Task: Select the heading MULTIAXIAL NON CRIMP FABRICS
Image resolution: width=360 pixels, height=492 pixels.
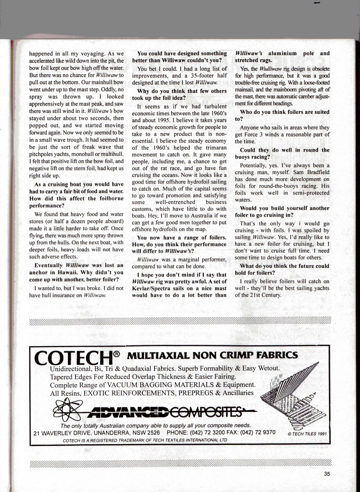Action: [213, 355]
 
